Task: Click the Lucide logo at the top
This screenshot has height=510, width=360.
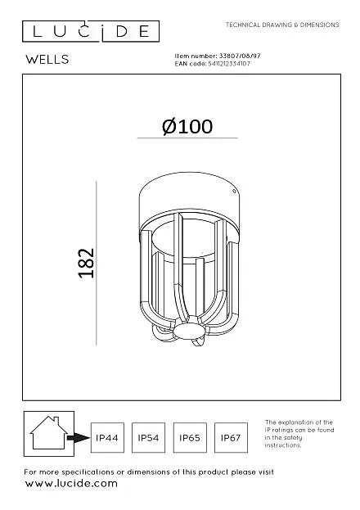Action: [91, 32]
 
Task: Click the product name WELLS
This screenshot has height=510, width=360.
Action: [47, 60]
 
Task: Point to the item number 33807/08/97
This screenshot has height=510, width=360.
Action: [240, 56]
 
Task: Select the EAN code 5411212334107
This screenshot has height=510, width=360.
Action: [229, 64]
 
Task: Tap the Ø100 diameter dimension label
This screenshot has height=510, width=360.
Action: [187, 127]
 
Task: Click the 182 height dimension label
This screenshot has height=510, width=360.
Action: [87, 263]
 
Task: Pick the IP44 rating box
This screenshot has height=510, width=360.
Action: [107, 437]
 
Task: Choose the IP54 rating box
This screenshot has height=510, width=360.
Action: [148, 437]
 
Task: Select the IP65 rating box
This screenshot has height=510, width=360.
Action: [190, 437]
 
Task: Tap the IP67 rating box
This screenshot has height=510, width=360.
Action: [231, 437]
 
